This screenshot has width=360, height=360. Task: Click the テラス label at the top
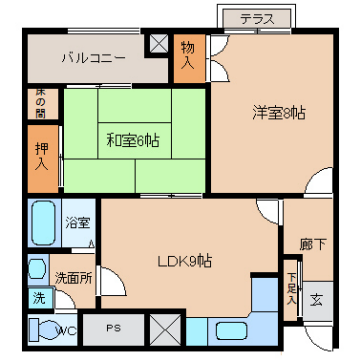click(x=259, y=18)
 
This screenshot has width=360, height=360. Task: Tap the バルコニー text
click(x=93, y=58)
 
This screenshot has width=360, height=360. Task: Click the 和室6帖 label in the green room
click(x=133, y=140)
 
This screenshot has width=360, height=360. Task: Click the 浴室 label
click(x=78, y=222)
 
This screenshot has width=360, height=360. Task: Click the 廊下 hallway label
click(x=312, y=243)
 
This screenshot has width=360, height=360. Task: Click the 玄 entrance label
click(x=316, y=298)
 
